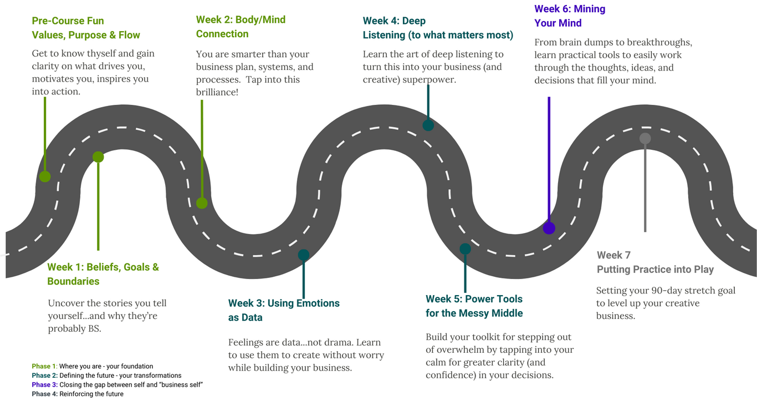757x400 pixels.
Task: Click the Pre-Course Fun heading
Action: (68, 21)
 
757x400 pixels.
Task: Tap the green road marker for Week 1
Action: (98, 157)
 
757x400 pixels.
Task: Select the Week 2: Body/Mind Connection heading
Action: (241, 27)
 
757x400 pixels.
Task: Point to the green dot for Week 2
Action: (202, 203)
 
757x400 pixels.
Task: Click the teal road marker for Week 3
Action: (304, 255)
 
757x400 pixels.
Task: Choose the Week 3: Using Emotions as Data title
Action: (284, 310)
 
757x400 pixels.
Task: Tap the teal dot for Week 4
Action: (428, 125)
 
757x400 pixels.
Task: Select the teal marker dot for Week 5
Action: (466, 249)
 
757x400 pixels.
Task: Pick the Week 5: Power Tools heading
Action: (474, 306)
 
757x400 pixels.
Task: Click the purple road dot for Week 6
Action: (549, 228)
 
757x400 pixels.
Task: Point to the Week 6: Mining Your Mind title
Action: (569, 16)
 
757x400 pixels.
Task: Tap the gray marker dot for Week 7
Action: (645, 139)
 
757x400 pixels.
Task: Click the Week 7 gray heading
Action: (654, 262)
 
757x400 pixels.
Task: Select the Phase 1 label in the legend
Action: (44, 366)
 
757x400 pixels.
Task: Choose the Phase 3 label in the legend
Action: (44, 384)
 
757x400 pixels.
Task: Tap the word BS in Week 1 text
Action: (94, 328)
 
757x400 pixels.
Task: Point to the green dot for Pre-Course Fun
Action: (45, 176)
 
